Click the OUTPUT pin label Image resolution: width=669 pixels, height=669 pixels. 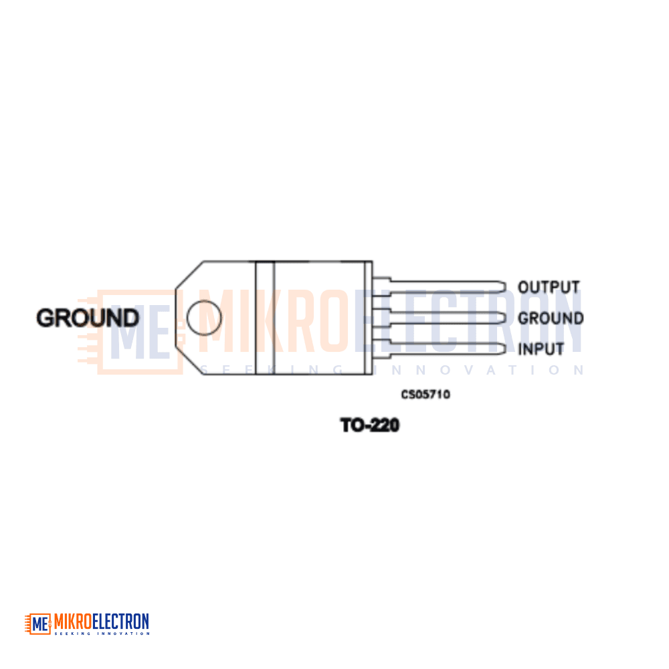549,287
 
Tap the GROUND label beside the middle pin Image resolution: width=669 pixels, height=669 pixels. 551,318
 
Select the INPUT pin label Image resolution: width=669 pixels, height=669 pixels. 541,349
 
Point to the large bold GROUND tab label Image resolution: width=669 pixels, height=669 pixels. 88,318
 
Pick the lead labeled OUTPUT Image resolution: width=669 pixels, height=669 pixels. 440,286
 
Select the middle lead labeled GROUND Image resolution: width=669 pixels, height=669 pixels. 440,318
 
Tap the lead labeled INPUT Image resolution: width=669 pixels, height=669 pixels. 440,349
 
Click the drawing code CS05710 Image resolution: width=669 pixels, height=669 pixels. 425,394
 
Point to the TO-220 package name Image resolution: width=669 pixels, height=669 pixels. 370,425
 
